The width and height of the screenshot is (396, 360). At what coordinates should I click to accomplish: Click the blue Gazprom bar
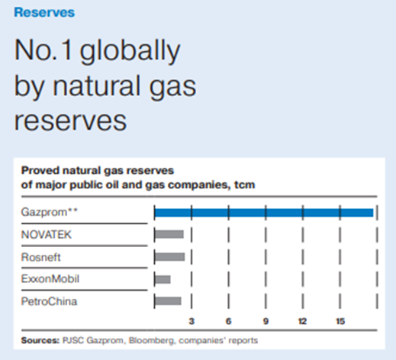click(264, 213)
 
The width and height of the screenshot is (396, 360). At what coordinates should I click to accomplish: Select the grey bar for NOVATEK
click(169, 234)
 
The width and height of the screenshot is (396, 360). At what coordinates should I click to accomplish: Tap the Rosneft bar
click(169, 257)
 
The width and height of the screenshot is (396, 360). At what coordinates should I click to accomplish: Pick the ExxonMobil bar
click(163, 279)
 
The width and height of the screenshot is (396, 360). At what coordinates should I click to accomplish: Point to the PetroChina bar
click(168, 301)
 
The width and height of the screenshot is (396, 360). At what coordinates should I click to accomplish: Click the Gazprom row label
click(50, 212)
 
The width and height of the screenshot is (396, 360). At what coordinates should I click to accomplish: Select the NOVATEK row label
click(47, 235)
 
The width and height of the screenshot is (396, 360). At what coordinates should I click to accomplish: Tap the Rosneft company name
click(41, 257)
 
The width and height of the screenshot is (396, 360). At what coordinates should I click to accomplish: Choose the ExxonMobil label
click(50, 279)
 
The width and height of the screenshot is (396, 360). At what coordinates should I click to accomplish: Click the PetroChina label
click(49, 301)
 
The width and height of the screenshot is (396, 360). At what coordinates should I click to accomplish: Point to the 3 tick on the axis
click(192, 321)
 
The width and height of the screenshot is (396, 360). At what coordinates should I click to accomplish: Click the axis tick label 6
click(228, 321)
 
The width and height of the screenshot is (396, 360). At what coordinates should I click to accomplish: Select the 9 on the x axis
click(266, 321)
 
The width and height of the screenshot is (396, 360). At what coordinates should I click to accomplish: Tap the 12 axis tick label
click(302, 321)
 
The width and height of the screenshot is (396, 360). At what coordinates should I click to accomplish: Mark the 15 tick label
click(340, 321)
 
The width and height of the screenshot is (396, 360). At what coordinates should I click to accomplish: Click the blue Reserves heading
click(44, 12)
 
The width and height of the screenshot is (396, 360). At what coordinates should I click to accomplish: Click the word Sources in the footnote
click(40, 340)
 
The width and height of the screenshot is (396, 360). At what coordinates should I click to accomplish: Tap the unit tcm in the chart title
click(244, 185)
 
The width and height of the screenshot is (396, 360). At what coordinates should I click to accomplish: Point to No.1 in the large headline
click(43, 50)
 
